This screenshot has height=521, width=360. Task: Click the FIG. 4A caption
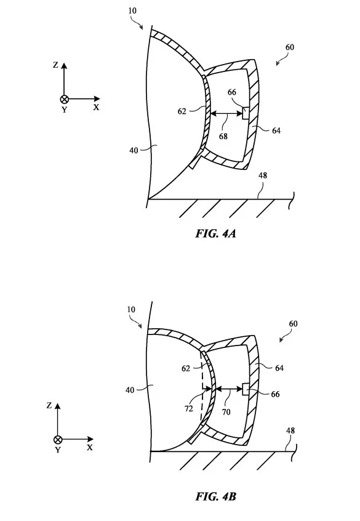[x=215, y=233]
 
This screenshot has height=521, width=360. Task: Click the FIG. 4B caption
[x=215, y=497]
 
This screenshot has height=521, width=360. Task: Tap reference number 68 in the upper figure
[x=223, y=136]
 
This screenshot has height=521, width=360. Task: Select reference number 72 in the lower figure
[x=189, y=408]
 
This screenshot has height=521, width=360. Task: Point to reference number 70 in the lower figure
[x=226, y=412]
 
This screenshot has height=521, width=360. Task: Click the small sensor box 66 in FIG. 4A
[x=246, y=113]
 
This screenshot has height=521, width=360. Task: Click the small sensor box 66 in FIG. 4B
[x=246, y=389]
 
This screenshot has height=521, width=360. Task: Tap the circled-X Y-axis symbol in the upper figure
[x=64, y=99]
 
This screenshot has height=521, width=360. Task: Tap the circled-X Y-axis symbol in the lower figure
[x=58, y=440]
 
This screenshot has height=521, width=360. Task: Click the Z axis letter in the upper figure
[x=55, y=65]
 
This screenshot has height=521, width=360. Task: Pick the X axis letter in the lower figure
[x=90, y=448]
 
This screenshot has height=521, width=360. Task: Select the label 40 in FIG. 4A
[x=134, y=150]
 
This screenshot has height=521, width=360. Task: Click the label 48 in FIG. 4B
[x=290, y=430]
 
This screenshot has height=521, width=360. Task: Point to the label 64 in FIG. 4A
[x=276, y=131]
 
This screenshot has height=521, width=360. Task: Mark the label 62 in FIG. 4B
[x=186, y=368]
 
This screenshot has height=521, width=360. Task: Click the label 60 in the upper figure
[x=290, y=47]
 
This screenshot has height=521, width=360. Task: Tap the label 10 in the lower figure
[x=131, y=310]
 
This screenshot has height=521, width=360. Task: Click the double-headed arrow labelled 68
[x=226, y=114]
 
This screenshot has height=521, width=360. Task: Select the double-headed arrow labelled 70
[x=229, y=389]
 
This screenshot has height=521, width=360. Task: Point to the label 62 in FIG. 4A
[x=182, y=111]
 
